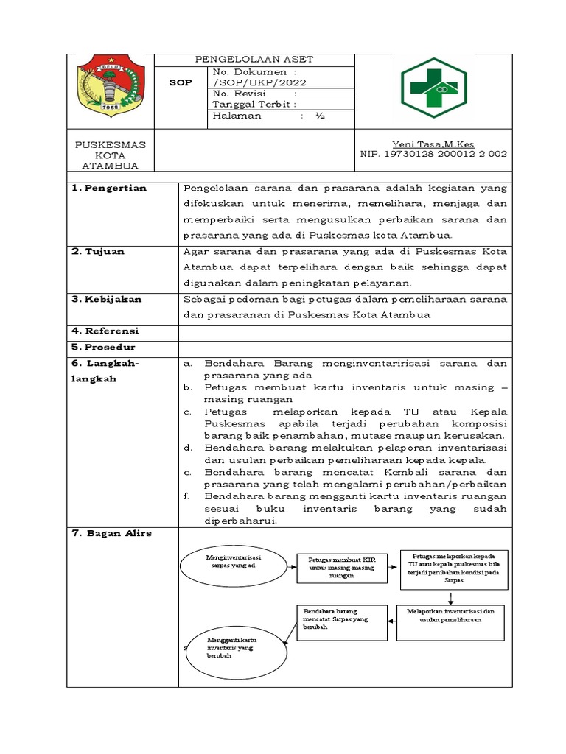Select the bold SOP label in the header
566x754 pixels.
[180, 82]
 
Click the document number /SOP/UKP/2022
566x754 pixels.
[259, 82]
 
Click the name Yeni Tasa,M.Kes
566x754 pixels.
[433, 144]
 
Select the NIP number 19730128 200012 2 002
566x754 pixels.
[433, 154]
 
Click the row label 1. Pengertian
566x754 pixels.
[109, 188]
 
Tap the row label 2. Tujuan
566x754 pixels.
[99, 251]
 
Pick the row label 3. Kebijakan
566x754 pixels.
[107, 299]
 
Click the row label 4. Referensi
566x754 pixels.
[105, 331]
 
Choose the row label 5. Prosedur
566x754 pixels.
[104, 347]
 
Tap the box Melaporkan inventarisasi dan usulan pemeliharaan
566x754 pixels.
[450, 615]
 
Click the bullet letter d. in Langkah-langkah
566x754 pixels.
[188, 447]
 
